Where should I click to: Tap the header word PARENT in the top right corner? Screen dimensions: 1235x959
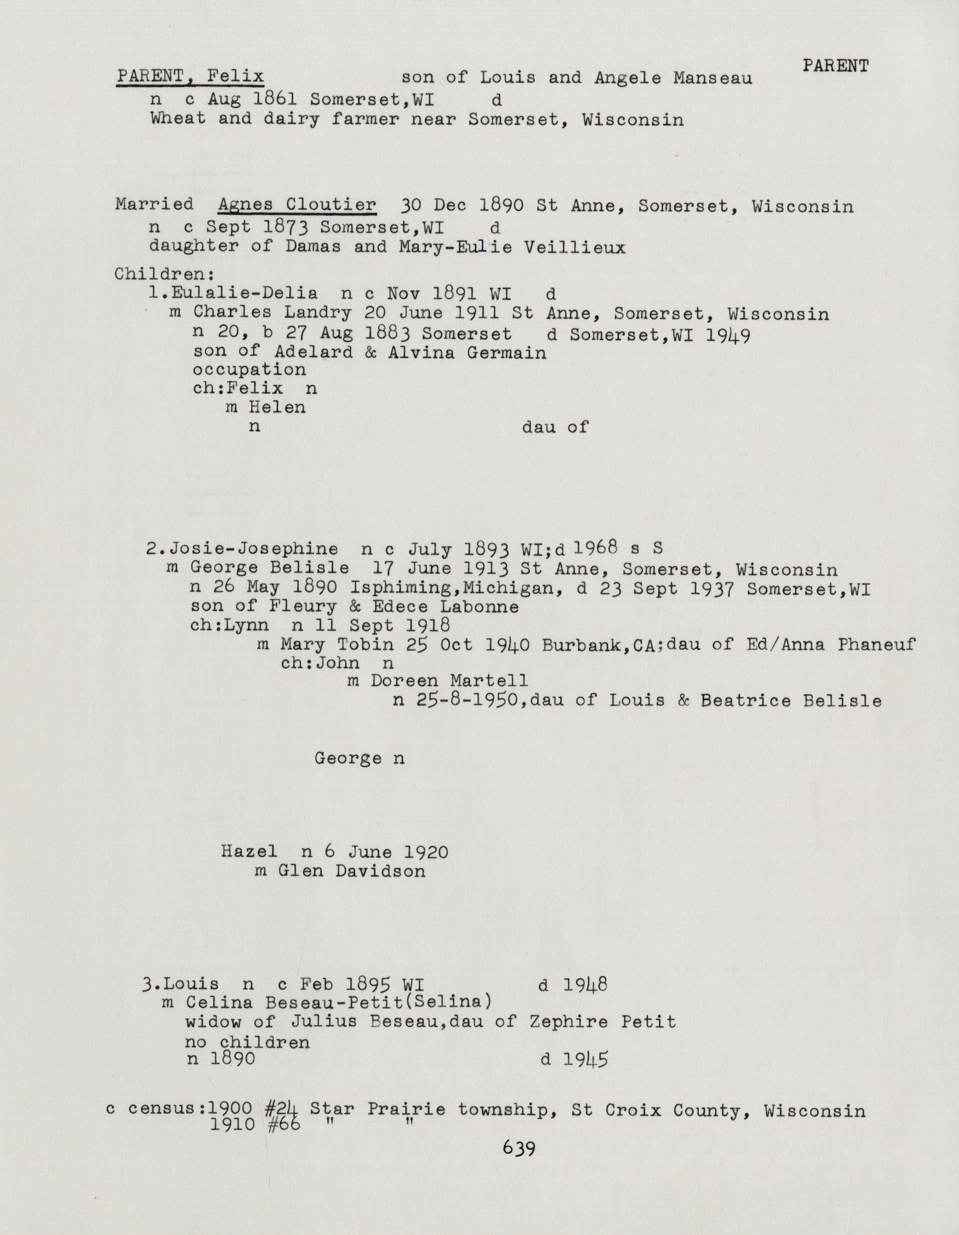[x=835, y=66]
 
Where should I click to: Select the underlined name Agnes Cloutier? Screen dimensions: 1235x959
[x=297, y=204]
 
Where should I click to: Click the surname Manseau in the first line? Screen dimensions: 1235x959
[x=712, y=78]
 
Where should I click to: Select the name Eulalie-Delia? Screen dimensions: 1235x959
[x=244, y=293]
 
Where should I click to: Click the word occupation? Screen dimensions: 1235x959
[x=249, y=370]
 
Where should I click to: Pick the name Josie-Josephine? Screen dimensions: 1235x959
[x=254, y=549]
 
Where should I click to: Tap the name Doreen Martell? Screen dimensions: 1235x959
[x=449, y=681]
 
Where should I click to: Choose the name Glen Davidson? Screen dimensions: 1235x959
[x=351, y=871]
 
